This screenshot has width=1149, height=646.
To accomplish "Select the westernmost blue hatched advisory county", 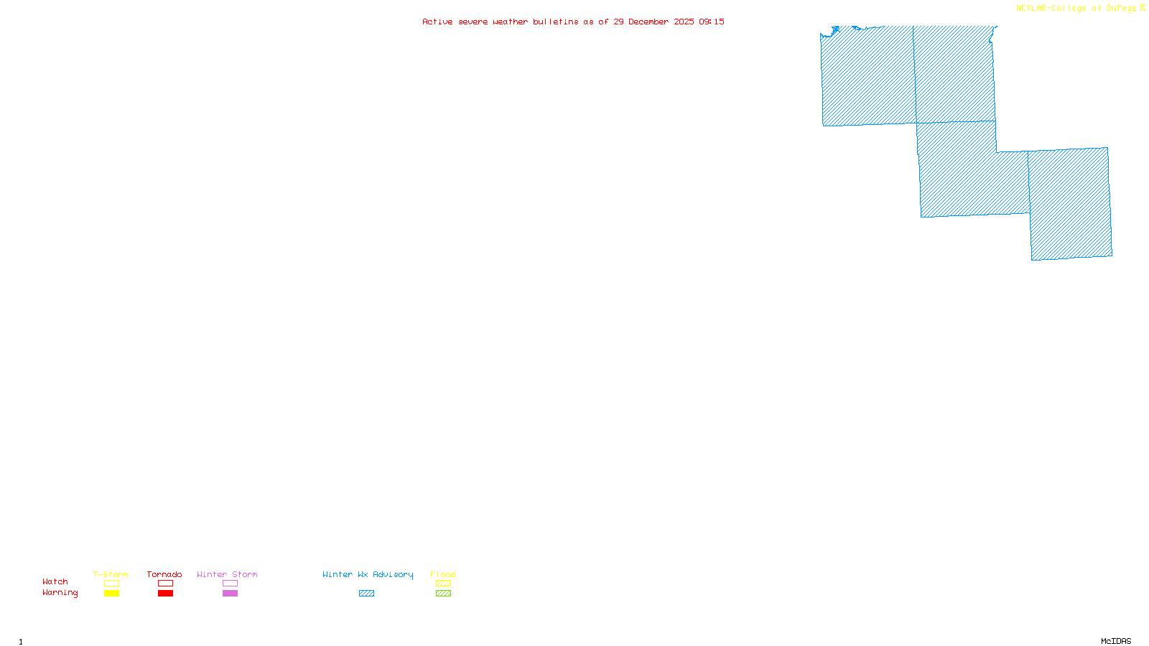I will click(867, 75).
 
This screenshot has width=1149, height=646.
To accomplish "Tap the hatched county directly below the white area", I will click(1069, 205).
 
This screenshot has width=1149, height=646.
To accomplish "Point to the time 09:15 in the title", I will click(711, 22).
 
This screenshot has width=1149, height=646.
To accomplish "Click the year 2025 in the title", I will click(684, 22).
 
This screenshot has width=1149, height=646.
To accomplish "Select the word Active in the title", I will click(437, 22).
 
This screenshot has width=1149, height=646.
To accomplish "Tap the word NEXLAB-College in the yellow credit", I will click(1051, 9).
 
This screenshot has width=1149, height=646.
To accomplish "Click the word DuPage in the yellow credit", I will click(1121, 9).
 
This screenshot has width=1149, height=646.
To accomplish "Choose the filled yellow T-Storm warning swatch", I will click(111, 594).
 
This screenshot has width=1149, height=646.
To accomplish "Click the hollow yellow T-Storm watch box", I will click(111, 584).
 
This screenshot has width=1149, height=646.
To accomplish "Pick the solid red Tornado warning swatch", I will click(165, 594).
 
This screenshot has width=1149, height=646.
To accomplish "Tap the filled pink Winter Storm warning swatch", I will click(230, 594).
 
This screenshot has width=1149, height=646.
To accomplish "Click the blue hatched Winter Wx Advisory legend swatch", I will click(366, 594).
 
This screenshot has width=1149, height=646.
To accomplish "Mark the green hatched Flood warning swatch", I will click(443, 594).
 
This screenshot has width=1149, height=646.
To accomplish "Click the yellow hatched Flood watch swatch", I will click(443, 584).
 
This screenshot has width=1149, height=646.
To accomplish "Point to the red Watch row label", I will click(55, 582).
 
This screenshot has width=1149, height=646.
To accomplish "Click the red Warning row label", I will click(60, 593).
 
